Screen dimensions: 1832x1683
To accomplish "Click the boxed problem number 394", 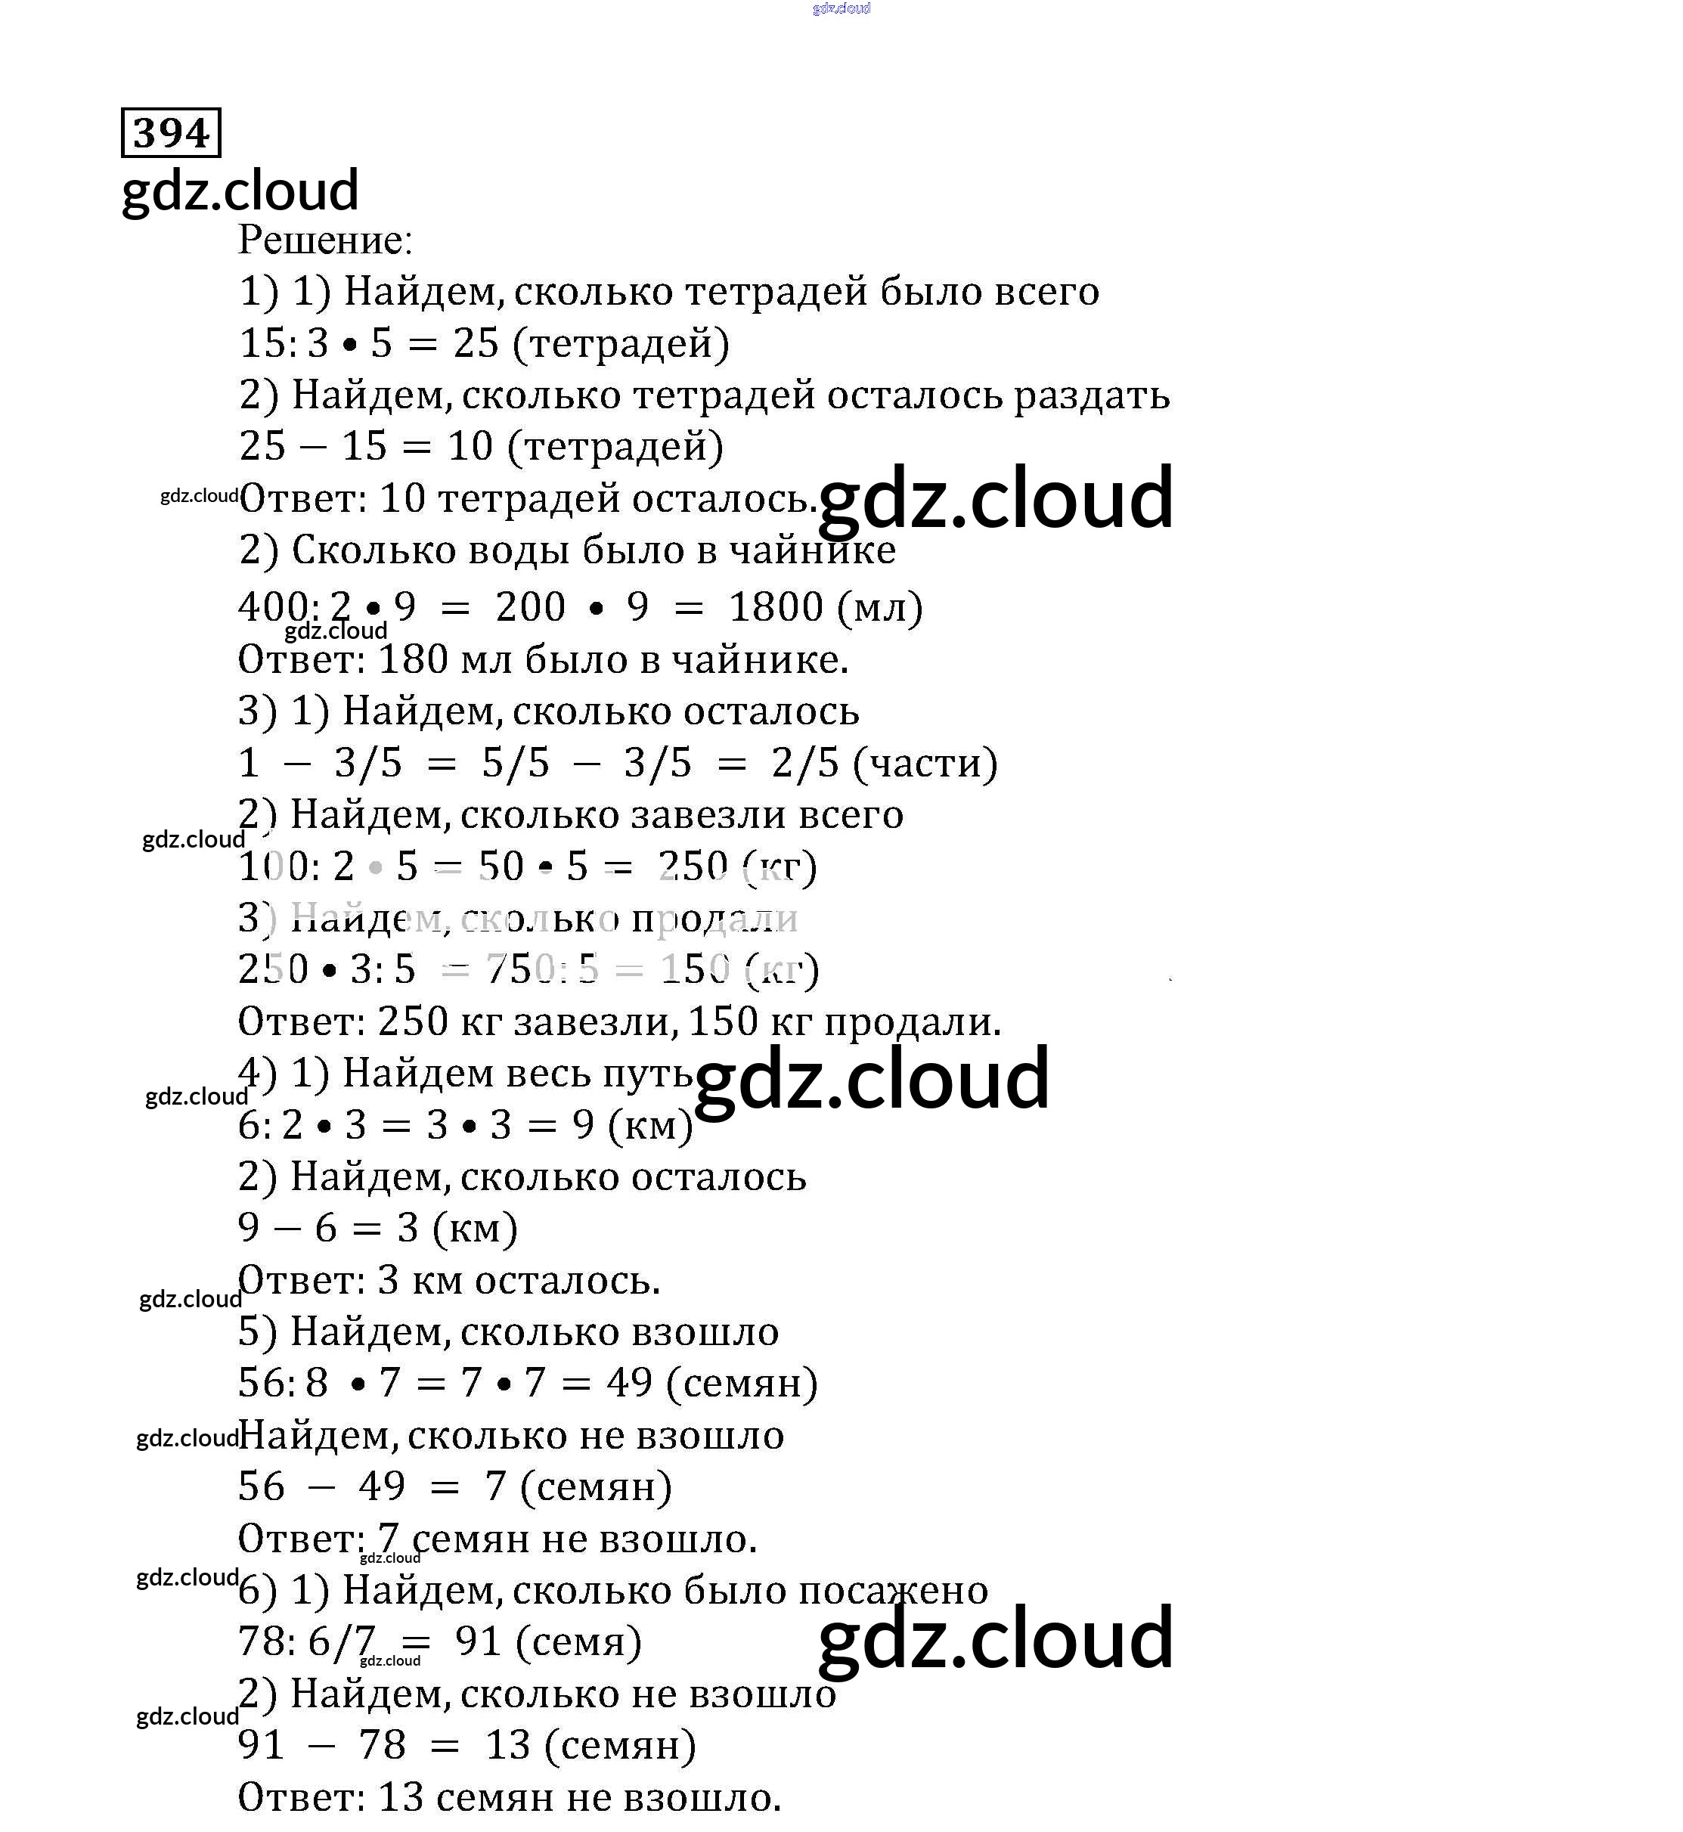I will pos(171,133).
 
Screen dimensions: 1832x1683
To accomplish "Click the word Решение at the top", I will pos(324,240).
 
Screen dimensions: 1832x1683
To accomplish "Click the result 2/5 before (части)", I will pos(805,763).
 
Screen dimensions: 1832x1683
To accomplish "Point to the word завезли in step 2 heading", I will pos(708,815).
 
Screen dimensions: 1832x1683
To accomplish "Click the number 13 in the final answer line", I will pos(401,1797).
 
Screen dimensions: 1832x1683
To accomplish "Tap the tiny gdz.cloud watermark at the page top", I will pos(841,8).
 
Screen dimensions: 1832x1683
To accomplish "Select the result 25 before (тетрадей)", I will pos(476,343).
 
